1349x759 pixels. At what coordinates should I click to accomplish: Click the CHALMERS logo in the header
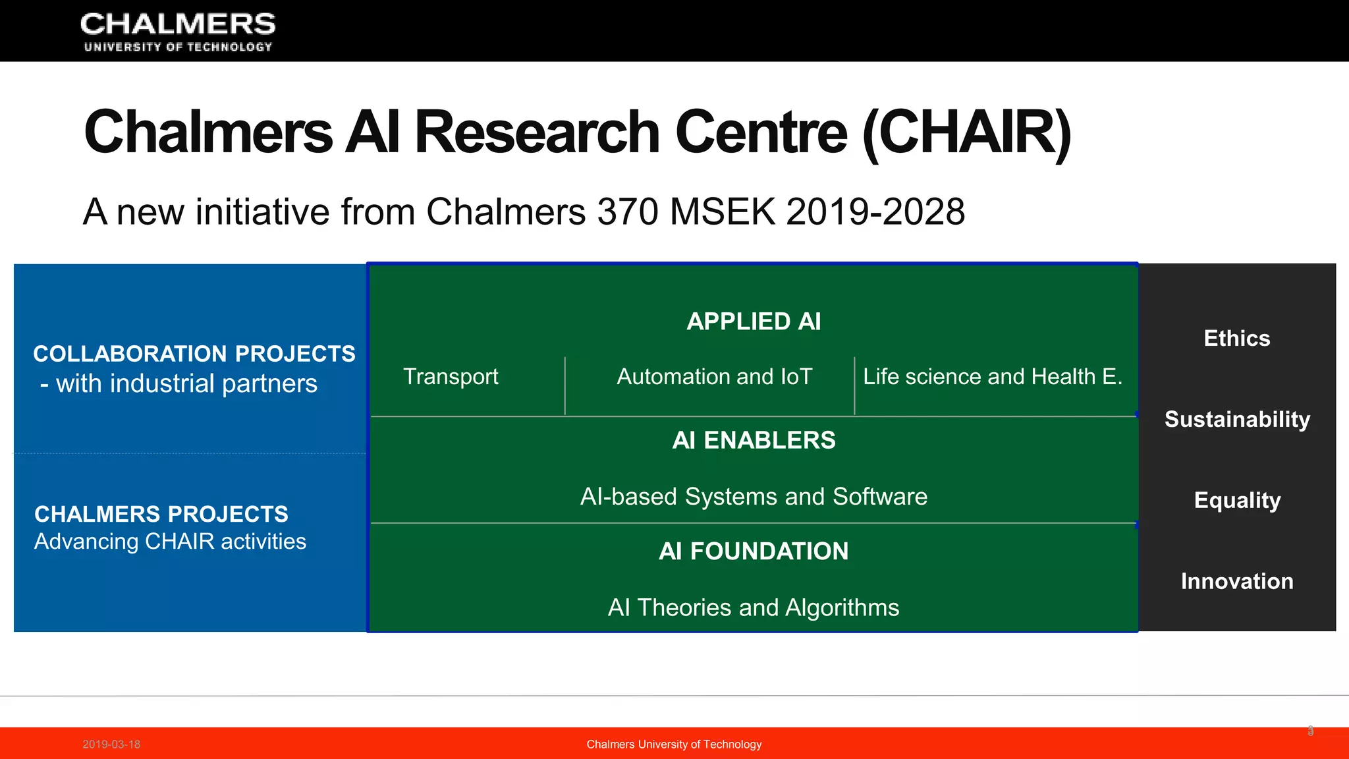click(x=178, y=32)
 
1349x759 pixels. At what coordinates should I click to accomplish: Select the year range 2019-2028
click(x=875, y=212)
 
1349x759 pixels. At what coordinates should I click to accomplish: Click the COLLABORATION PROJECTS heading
click(x=194, y=354)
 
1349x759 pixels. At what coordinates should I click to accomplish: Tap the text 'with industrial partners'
click(x=186, y=383)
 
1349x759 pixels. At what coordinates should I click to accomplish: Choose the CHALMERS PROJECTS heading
click(x=161, y=514)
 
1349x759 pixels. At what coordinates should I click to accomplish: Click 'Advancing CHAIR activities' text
click(x=170, y=542)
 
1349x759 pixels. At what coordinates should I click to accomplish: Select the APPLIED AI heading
click(x=754, y=322)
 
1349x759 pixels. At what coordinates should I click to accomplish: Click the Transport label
click(x=451, y=377)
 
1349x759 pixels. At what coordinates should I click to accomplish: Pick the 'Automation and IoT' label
click(x=715, y=377)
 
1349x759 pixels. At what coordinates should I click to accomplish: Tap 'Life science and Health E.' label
click(x=993, y=377)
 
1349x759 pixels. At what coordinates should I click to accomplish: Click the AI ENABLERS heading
click(x=754, y=440)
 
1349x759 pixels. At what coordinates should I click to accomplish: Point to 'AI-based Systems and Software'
click(x=754, y=497)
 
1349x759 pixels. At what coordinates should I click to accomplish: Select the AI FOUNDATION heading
click(x=754, y=551)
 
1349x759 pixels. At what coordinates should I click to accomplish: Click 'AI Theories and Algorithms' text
click(x=754, y=607)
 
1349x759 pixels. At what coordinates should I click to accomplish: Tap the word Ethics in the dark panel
click(x=1237, y=339)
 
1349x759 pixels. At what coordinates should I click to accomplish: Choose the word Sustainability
click(x=1237, y=420)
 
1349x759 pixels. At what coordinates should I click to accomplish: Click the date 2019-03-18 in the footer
click(x=111, y=745)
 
